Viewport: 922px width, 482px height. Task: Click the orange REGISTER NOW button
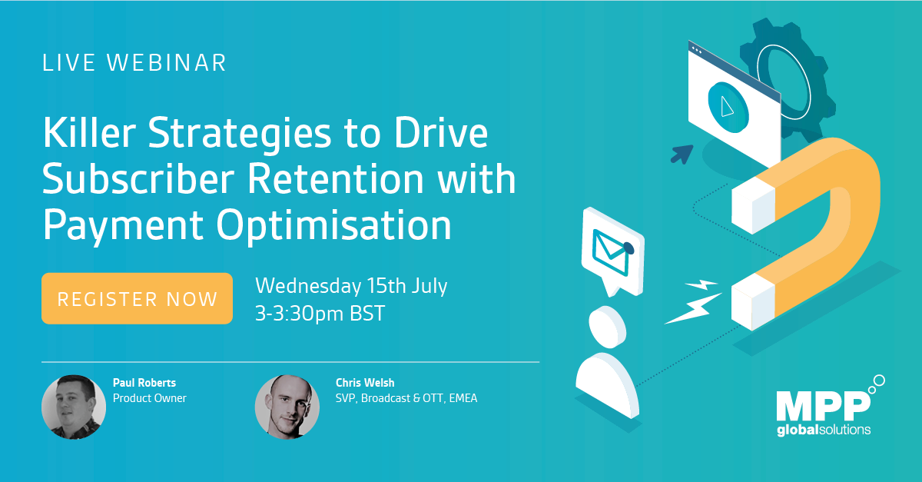tap(137, 298)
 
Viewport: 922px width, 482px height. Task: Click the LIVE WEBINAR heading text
tap(134, 62)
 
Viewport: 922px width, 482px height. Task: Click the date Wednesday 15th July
tap(351, 286)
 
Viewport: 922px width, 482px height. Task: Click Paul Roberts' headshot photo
tap(73, 406)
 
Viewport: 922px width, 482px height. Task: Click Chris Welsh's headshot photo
tap(287, 406)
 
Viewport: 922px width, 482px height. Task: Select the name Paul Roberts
tap(144, 383)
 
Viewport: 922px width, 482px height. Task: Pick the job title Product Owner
tap(149, 398)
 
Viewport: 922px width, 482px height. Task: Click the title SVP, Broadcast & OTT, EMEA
tap(406, 398)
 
